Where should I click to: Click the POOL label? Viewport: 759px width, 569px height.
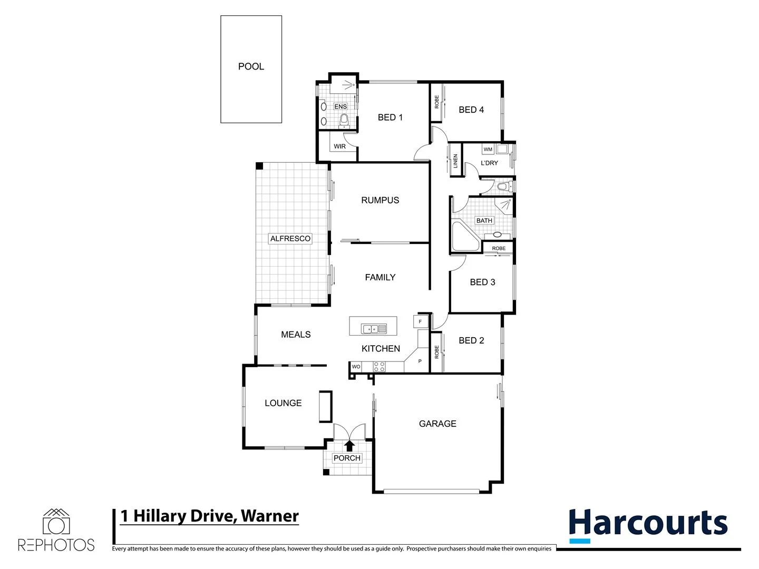pos(251,66)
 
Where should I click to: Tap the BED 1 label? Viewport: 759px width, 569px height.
pos(390,117)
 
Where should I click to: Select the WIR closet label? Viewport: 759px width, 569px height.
pos(340,146)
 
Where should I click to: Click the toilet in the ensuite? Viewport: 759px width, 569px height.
pos(344,121)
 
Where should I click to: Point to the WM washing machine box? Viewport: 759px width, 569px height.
pos(488,150)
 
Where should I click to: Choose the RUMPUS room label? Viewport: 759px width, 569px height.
pos(380,200)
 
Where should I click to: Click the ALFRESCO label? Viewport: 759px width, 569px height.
pos(290,239)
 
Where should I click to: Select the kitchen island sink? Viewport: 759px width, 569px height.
pos(373,329)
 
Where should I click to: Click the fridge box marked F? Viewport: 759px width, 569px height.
pos(420,321)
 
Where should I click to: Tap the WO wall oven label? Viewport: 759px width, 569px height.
pos(356,367)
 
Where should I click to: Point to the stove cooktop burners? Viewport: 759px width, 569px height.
pos(379,367)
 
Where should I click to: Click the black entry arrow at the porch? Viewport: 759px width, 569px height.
pos(349,446)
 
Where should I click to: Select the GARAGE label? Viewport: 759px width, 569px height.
pos(437,424)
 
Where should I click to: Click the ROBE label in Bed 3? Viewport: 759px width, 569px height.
pos(498,248)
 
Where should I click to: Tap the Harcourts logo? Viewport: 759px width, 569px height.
pos(648,525)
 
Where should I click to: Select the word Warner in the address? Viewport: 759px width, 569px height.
pos(270,516)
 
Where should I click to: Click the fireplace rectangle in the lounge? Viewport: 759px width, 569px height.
pos(325,406)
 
